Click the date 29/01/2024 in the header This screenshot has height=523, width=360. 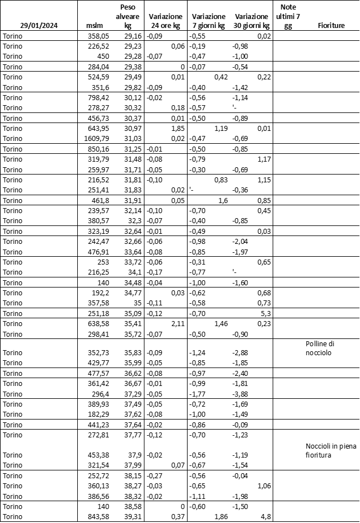39,26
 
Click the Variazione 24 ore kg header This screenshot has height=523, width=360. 166,21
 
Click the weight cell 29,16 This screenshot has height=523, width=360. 133,36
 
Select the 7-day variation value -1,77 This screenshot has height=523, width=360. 198,394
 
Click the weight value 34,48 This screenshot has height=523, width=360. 133,282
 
